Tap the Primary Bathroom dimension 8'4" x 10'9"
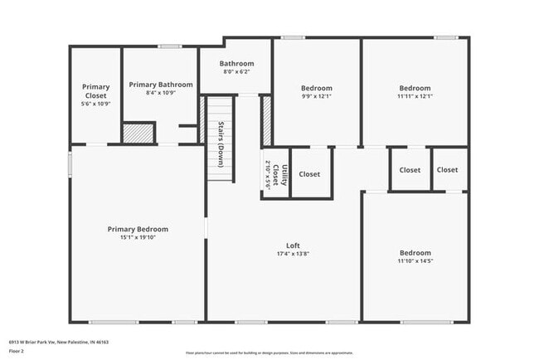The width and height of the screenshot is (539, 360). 161,93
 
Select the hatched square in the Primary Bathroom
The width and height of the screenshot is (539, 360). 138,133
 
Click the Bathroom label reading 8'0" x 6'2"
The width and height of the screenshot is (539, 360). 236,72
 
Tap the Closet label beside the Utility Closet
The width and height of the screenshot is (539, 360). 309,174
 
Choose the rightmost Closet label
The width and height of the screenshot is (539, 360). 447,170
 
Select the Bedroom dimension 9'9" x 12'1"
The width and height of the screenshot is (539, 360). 316,96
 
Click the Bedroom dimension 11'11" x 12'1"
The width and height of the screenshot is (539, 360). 415,96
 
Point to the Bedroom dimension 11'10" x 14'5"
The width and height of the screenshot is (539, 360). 415,261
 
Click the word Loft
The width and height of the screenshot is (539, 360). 293,246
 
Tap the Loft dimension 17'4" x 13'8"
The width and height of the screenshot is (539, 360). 293,254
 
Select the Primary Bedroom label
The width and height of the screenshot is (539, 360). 138,230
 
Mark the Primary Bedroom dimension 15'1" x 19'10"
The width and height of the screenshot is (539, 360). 138,238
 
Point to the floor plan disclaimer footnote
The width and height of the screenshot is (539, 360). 269,353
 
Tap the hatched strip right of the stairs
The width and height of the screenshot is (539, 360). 267,121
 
